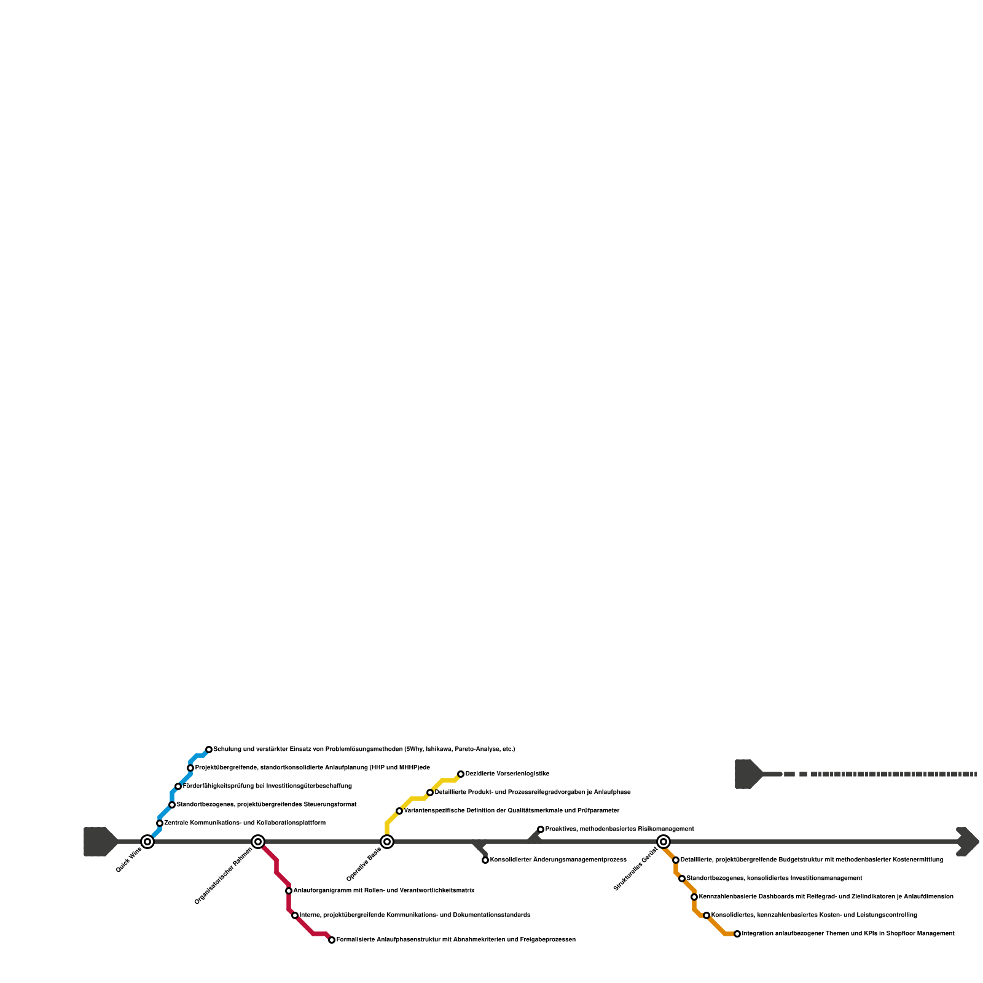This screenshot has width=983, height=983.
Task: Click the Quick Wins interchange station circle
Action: (x=147, y=842)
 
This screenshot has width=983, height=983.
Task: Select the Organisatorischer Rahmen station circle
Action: (x=258, y=842)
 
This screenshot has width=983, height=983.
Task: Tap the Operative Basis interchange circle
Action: (x=387, y=842)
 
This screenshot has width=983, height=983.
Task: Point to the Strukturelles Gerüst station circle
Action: (x=664, y=842)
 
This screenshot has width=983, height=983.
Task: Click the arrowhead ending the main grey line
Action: (x=969, y=842)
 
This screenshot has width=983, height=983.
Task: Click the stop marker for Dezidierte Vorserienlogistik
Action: (x=461, y=774)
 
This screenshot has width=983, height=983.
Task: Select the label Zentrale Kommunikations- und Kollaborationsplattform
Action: (x=245, y=823)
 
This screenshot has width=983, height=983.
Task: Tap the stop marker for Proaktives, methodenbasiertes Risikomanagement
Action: (x=541, y=829)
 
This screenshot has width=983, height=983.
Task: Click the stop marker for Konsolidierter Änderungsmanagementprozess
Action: (x=485, y=860)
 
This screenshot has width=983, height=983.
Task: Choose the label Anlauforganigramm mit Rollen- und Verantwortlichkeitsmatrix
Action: (x=384, y=891)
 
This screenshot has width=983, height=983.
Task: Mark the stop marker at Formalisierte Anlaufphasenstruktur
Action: (x=332, y=940)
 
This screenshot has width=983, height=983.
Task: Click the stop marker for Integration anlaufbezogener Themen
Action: (x=737, y=934)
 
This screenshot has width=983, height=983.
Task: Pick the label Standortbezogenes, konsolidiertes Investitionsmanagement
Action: (x=774, y=879)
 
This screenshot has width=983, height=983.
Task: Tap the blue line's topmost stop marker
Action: (x=209, y=750)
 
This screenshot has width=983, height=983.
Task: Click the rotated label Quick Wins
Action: (x=129, y=860)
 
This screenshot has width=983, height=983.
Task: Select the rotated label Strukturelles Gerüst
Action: (x=636, y=868)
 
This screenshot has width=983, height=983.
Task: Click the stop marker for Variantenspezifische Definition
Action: (x=399, y=811)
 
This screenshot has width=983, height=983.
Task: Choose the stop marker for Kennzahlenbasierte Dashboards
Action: (x=694, y=897)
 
